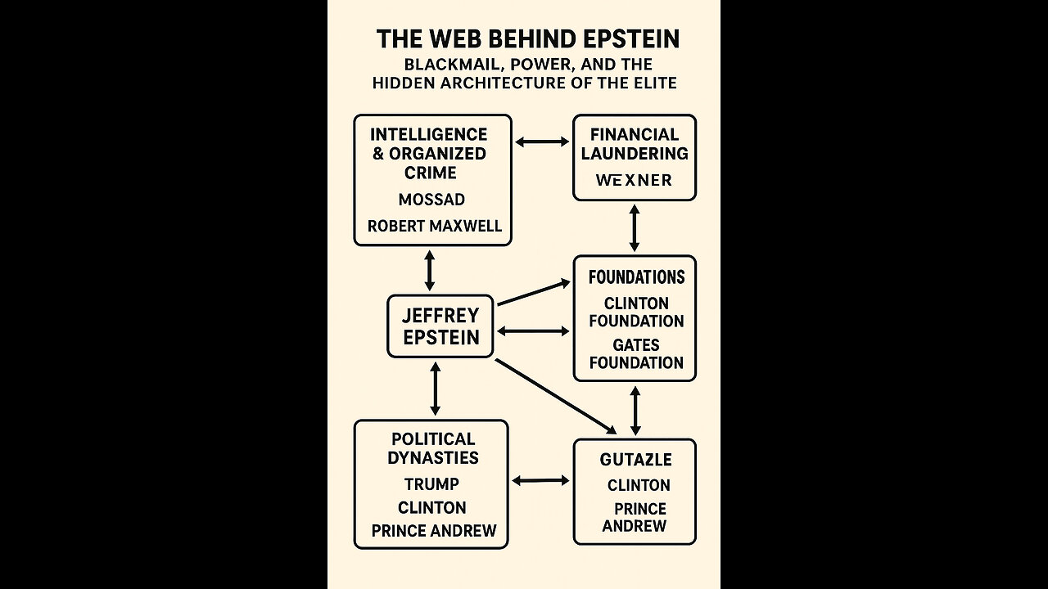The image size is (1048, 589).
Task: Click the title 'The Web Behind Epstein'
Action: (x=527, y=39)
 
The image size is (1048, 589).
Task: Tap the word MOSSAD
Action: (x=431, y=200)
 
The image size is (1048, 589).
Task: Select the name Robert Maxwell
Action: (x=434, y=226)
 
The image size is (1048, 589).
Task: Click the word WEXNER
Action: (x=634, y=180)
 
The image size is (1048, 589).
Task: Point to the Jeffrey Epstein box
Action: (x=440, y=326)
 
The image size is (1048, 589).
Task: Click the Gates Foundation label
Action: (x=636, y=353)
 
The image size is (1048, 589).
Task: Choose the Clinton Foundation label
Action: (x=636, y=312)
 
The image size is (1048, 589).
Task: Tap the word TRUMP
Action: (x=431, y=483)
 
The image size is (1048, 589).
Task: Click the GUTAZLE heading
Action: (x=635, y=460)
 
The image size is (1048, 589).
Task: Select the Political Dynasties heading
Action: (x=432, y=448)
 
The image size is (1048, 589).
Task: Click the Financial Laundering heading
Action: (x=635, y=143)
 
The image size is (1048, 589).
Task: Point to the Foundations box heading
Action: (x=636, y=277)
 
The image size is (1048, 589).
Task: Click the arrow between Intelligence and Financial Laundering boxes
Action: (x=542, y=142)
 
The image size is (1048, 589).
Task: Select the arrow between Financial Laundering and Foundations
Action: (x=634, y=227)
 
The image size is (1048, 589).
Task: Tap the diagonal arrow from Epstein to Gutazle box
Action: (x=555, y=395)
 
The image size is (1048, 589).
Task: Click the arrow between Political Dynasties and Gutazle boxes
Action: (x=540, y=481)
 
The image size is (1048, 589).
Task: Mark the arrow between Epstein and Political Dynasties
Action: (x=435, y=389)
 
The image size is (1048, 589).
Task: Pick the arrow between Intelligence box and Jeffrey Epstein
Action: (x=429, y=270)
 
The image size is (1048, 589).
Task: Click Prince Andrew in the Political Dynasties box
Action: (x=434, y=531)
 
